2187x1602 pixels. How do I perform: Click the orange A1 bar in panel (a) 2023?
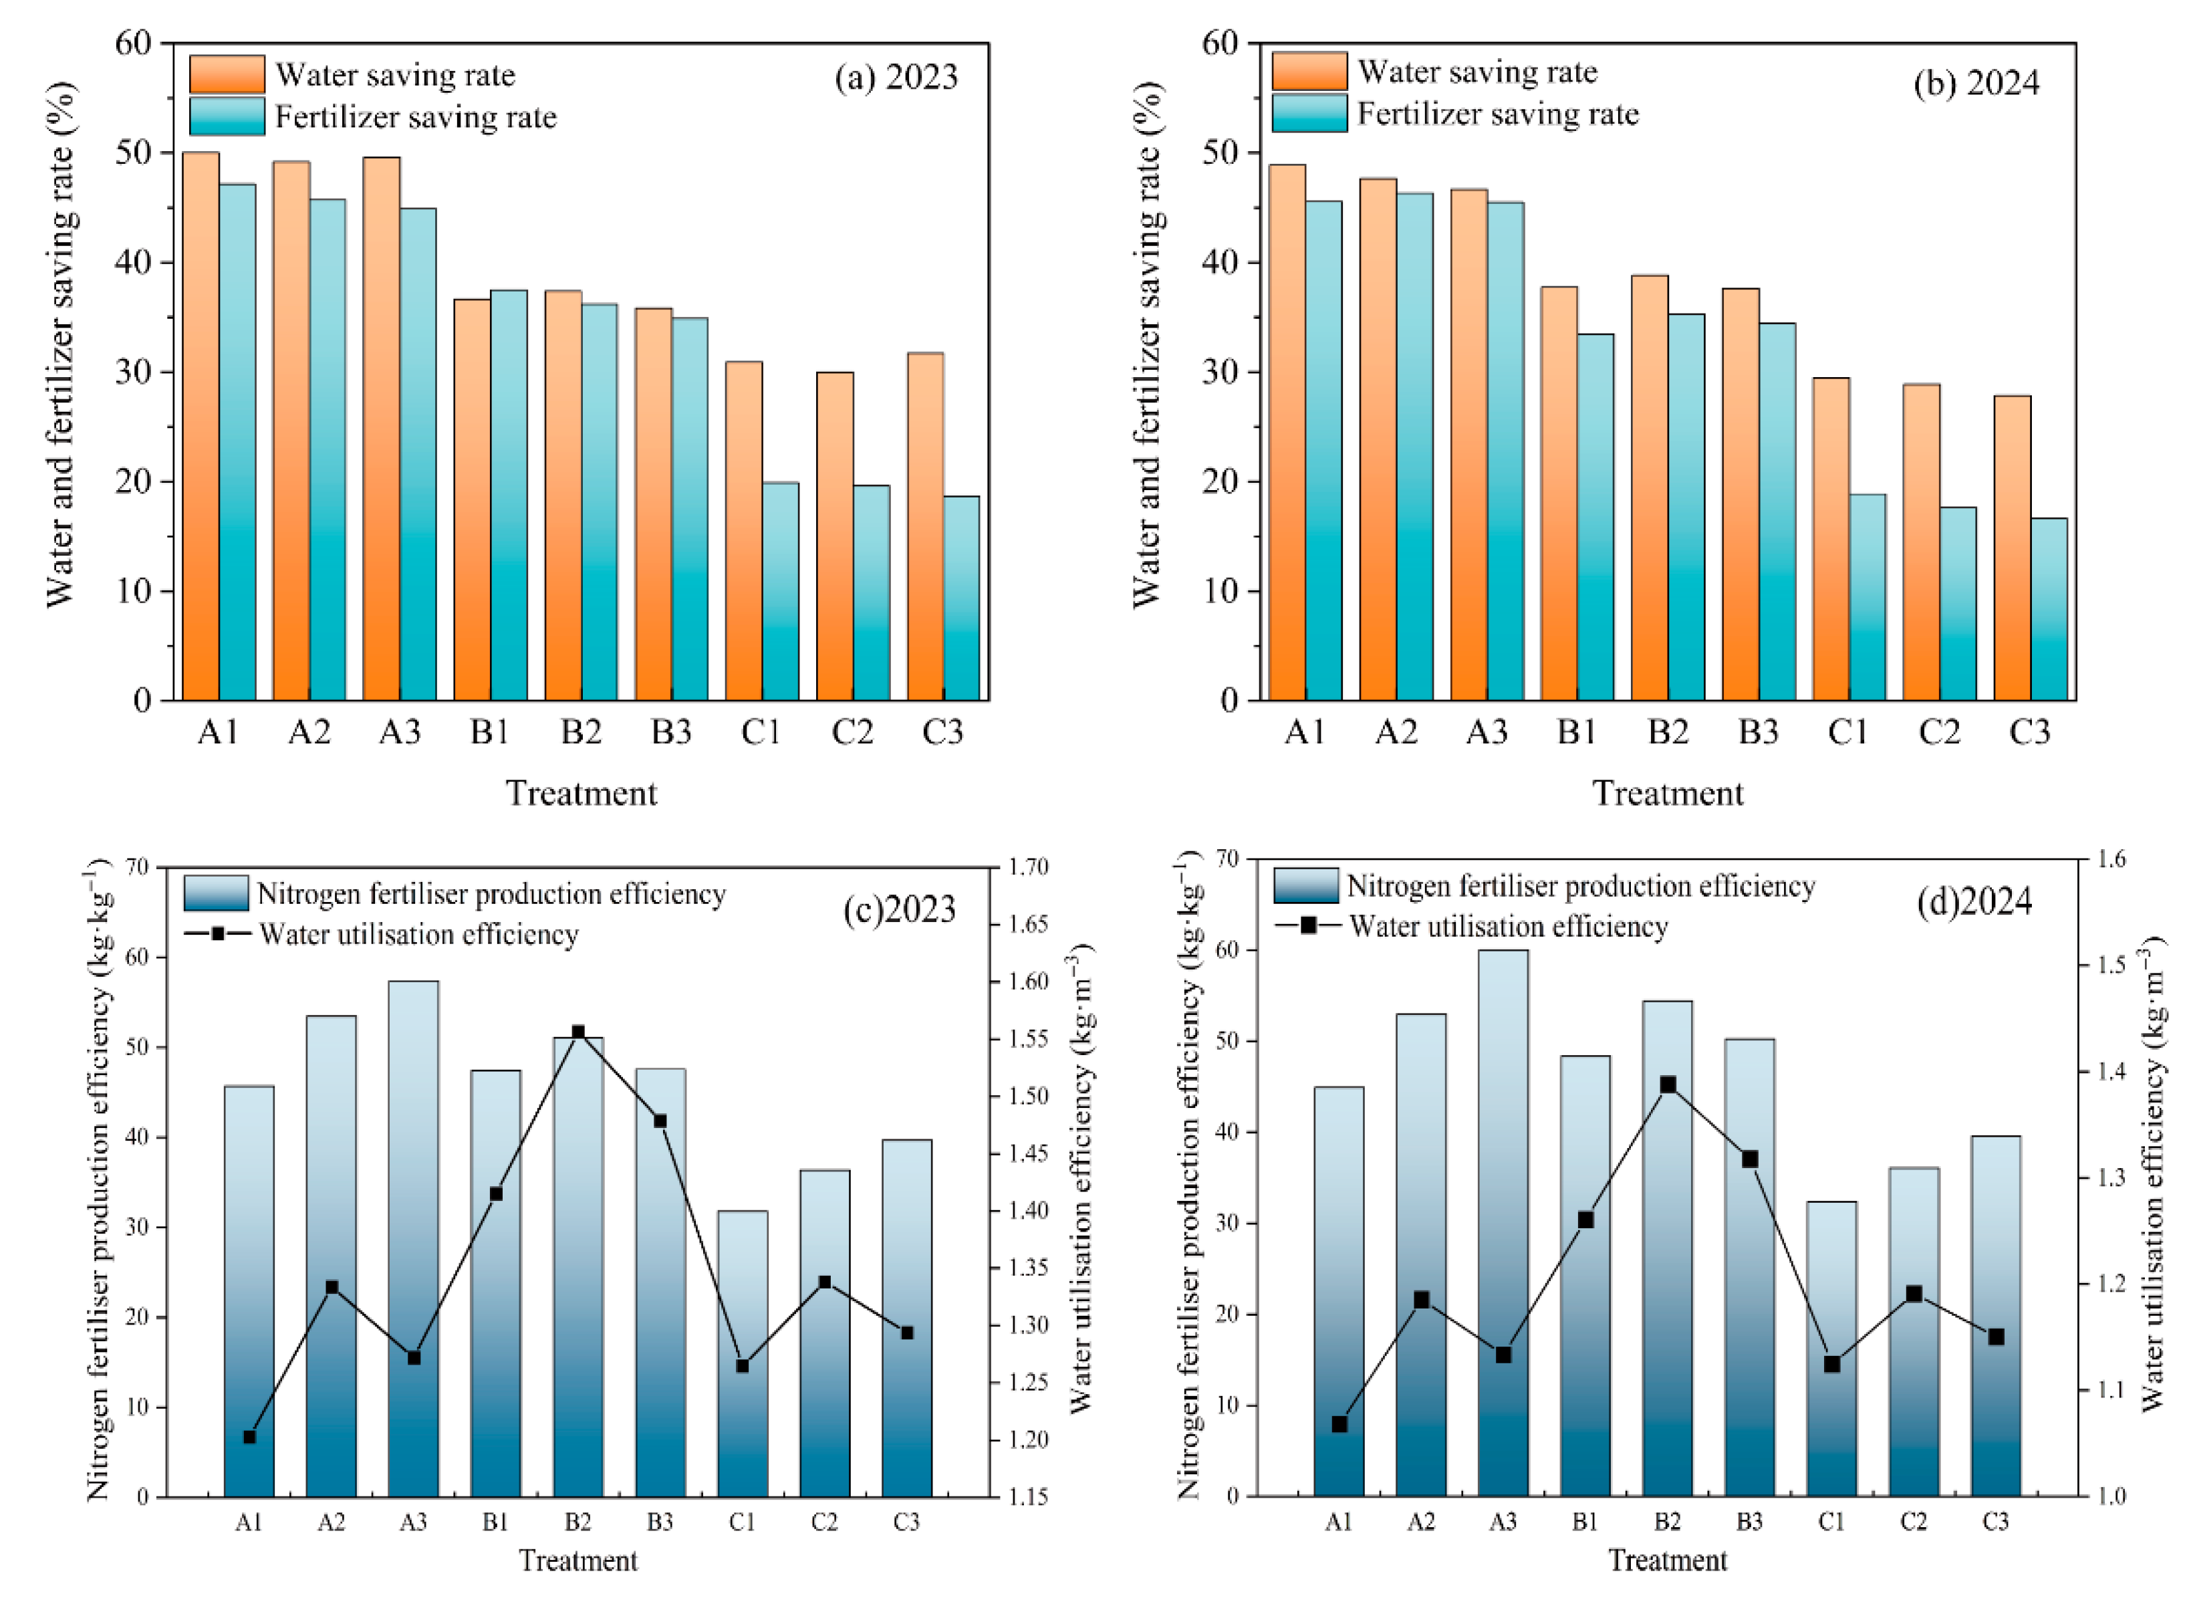tap(201, 427)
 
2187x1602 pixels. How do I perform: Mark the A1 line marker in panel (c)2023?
tap(249, 1437)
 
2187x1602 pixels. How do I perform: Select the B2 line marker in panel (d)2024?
tap(1668, 1084)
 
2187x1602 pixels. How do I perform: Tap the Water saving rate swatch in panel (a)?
tap(227, 75)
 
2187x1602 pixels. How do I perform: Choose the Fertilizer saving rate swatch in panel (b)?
tap(1309, 114)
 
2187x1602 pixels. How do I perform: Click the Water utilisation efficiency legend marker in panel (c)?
tap(217, 934)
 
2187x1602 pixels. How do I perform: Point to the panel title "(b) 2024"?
tap(1976, 84)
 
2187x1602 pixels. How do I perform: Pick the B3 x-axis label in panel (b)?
tap(1757, 732)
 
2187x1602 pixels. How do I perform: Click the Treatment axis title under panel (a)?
tap(582, 793)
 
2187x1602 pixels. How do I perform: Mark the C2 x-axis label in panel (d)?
tap(1913, 1522)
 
